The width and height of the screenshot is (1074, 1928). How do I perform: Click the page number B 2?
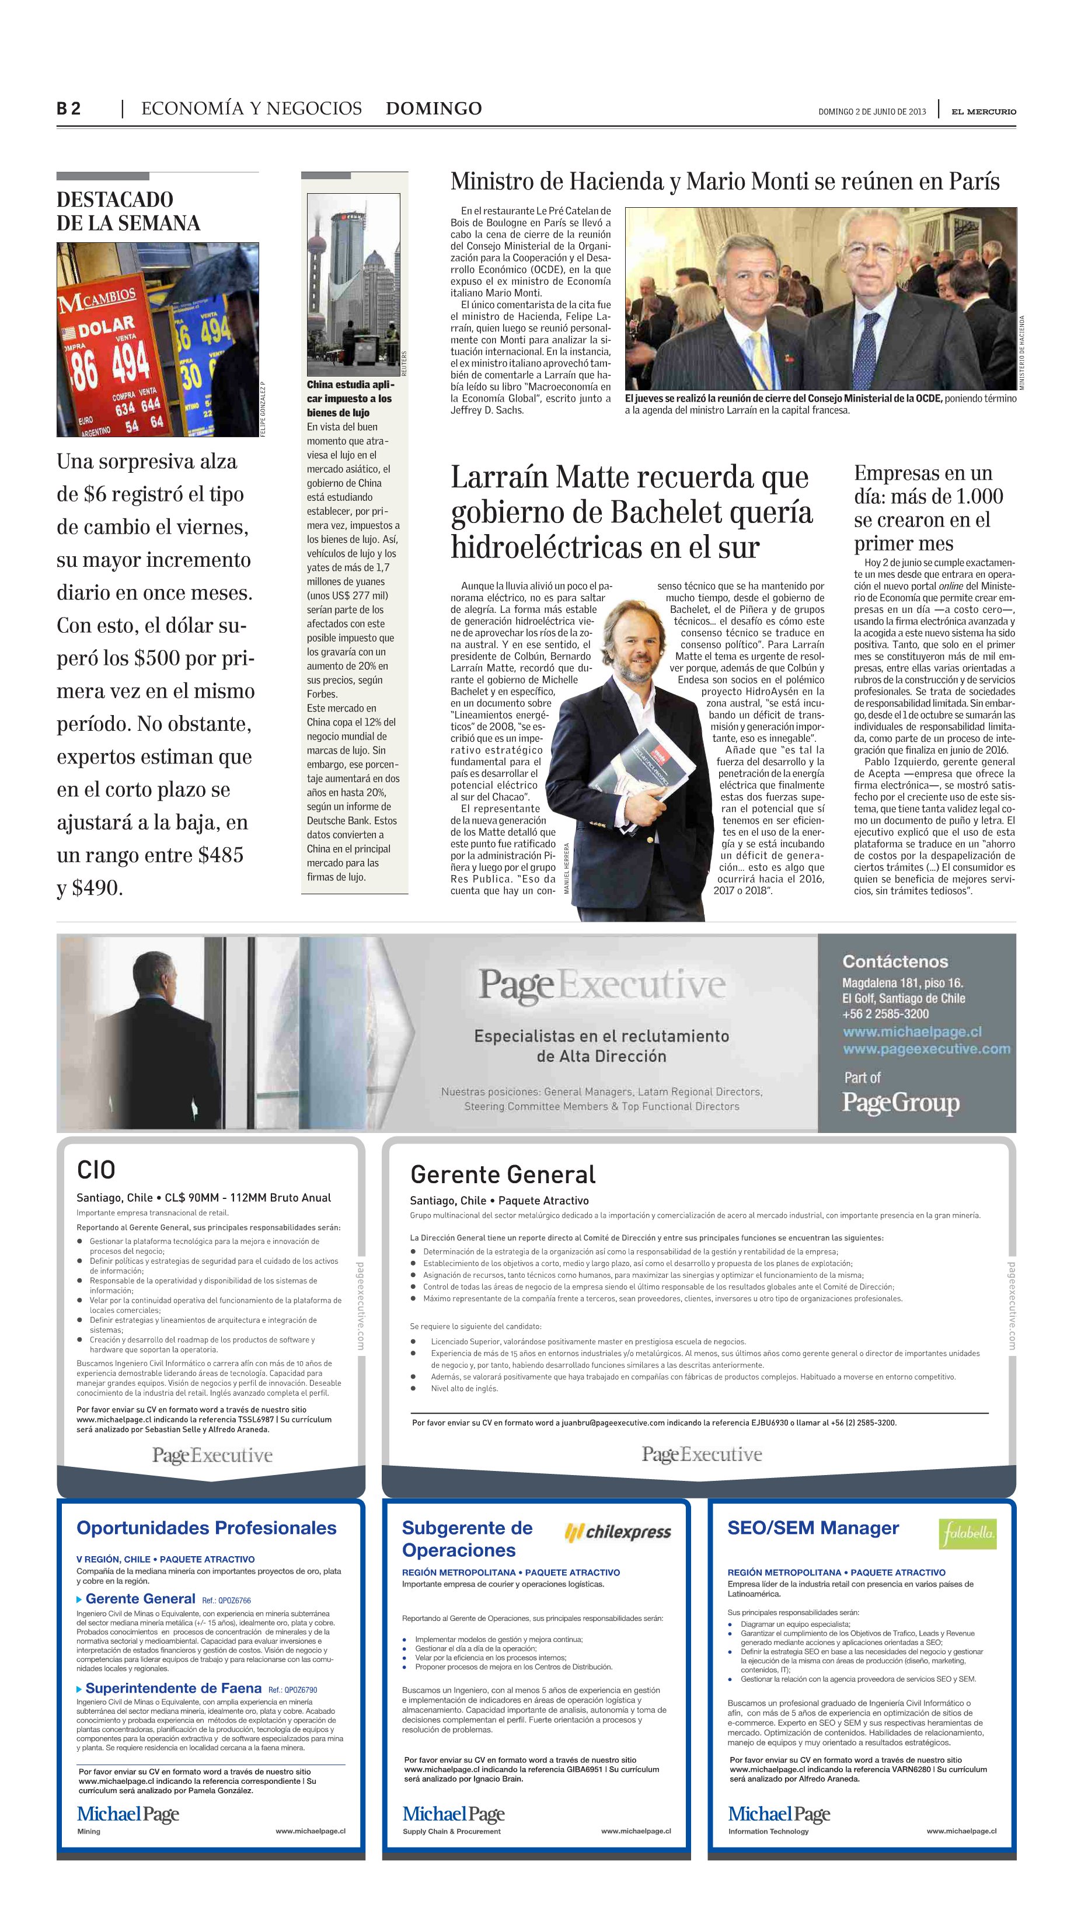[x=68, y=109]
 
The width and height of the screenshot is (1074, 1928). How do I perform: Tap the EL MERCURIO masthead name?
[x=984, y=111]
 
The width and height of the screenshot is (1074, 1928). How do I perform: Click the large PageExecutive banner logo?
[x=602, y=984]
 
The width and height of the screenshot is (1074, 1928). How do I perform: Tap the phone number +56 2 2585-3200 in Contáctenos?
[x=885, y=1013]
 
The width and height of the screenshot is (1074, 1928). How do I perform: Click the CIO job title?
[x=96, y=1170]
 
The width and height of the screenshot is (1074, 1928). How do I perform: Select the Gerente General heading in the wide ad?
[x=502, y=1174]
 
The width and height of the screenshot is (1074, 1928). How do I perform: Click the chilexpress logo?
[x=618, y=1532]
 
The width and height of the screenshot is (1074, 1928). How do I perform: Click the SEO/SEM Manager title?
[x=813, y=1528]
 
